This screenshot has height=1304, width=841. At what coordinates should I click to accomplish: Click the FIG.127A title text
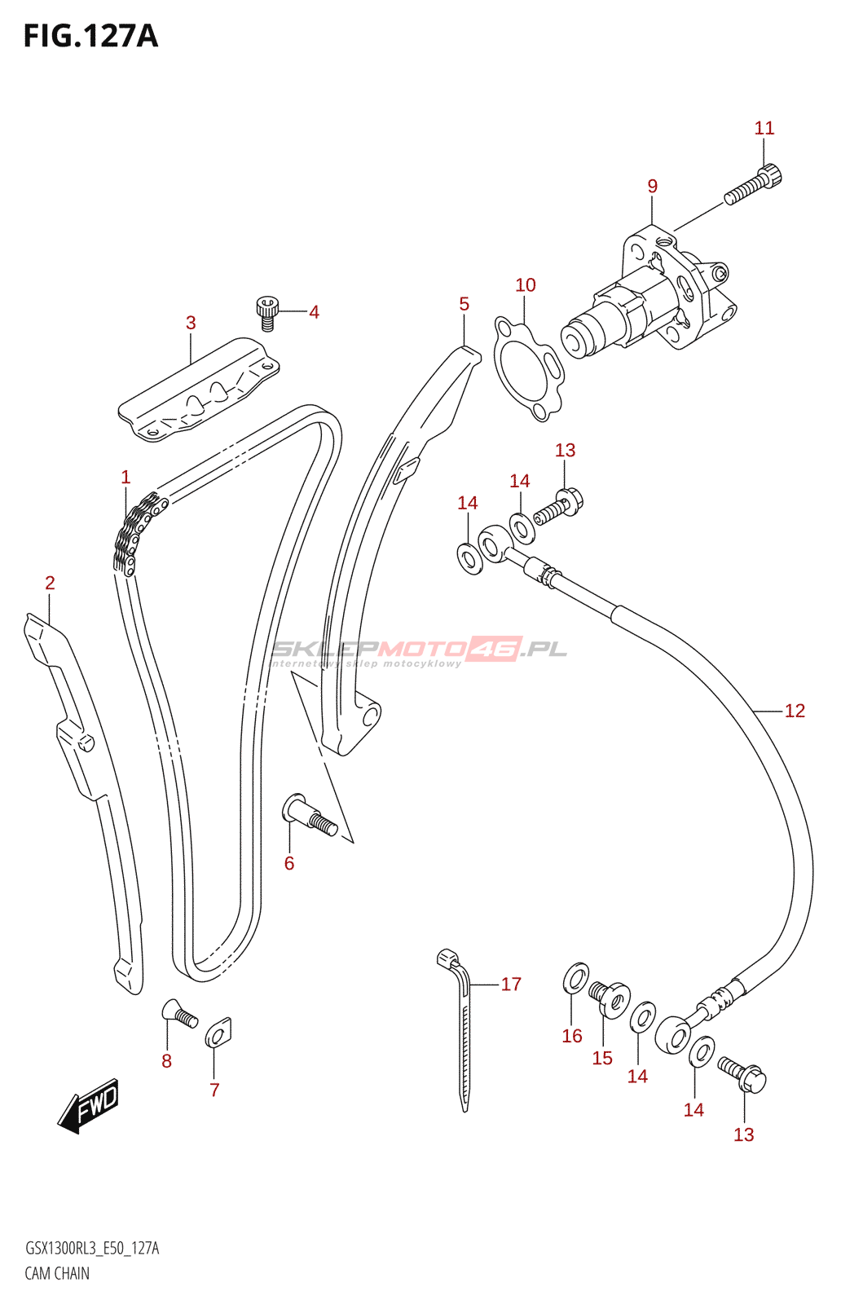tap(90, 37)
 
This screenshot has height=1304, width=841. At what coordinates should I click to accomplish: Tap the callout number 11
tap(764, 128)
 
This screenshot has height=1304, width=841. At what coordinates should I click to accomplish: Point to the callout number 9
tap(652, 186)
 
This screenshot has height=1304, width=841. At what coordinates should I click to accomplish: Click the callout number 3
tap(191, 323)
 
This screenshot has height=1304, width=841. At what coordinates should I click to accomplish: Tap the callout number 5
tap(464, 304)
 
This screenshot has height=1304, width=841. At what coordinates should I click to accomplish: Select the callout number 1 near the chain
tap(125, 477)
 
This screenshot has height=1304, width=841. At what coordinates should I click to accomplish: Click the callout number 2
tap(50, 583)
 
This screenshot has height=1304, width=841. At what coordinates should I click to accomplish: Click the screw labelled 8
tap(180, 1014)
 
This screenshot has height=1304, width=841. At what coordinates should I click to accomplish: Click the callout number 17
tap(511, 984)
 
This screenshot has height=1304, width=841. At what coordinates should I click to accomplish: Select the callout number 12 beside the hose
tap(795, 711)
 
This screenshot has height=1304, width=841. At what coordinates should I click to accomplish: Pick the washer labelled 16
tap(576, 977)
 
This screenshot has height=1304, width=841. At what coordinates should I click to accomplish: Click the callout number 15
tap(602, 1058)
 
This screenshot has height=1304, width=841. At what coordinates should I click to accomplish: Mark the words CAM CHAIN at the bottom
tap(57, 1273)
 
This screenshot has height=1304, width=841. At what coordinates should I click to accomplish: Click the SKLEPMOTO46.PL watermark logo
tap(418, 650)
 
